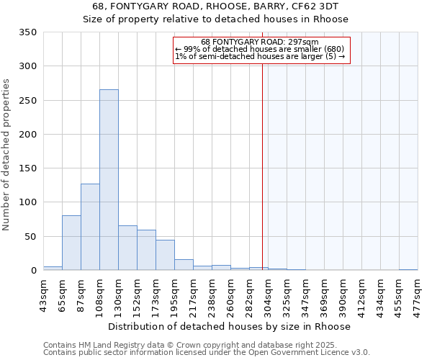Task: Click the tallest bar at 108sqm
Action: point(109,180)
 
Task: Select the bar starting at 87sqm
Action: point(90,227)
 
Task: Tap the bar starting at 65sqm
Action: point(71,243)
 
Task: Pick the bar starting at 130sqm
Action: point(127,248)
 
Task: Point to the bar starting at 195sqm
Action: point(184,264)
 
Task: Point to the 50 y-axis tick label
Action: point(30,236)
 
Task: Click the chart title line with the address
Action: point(216,6)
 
